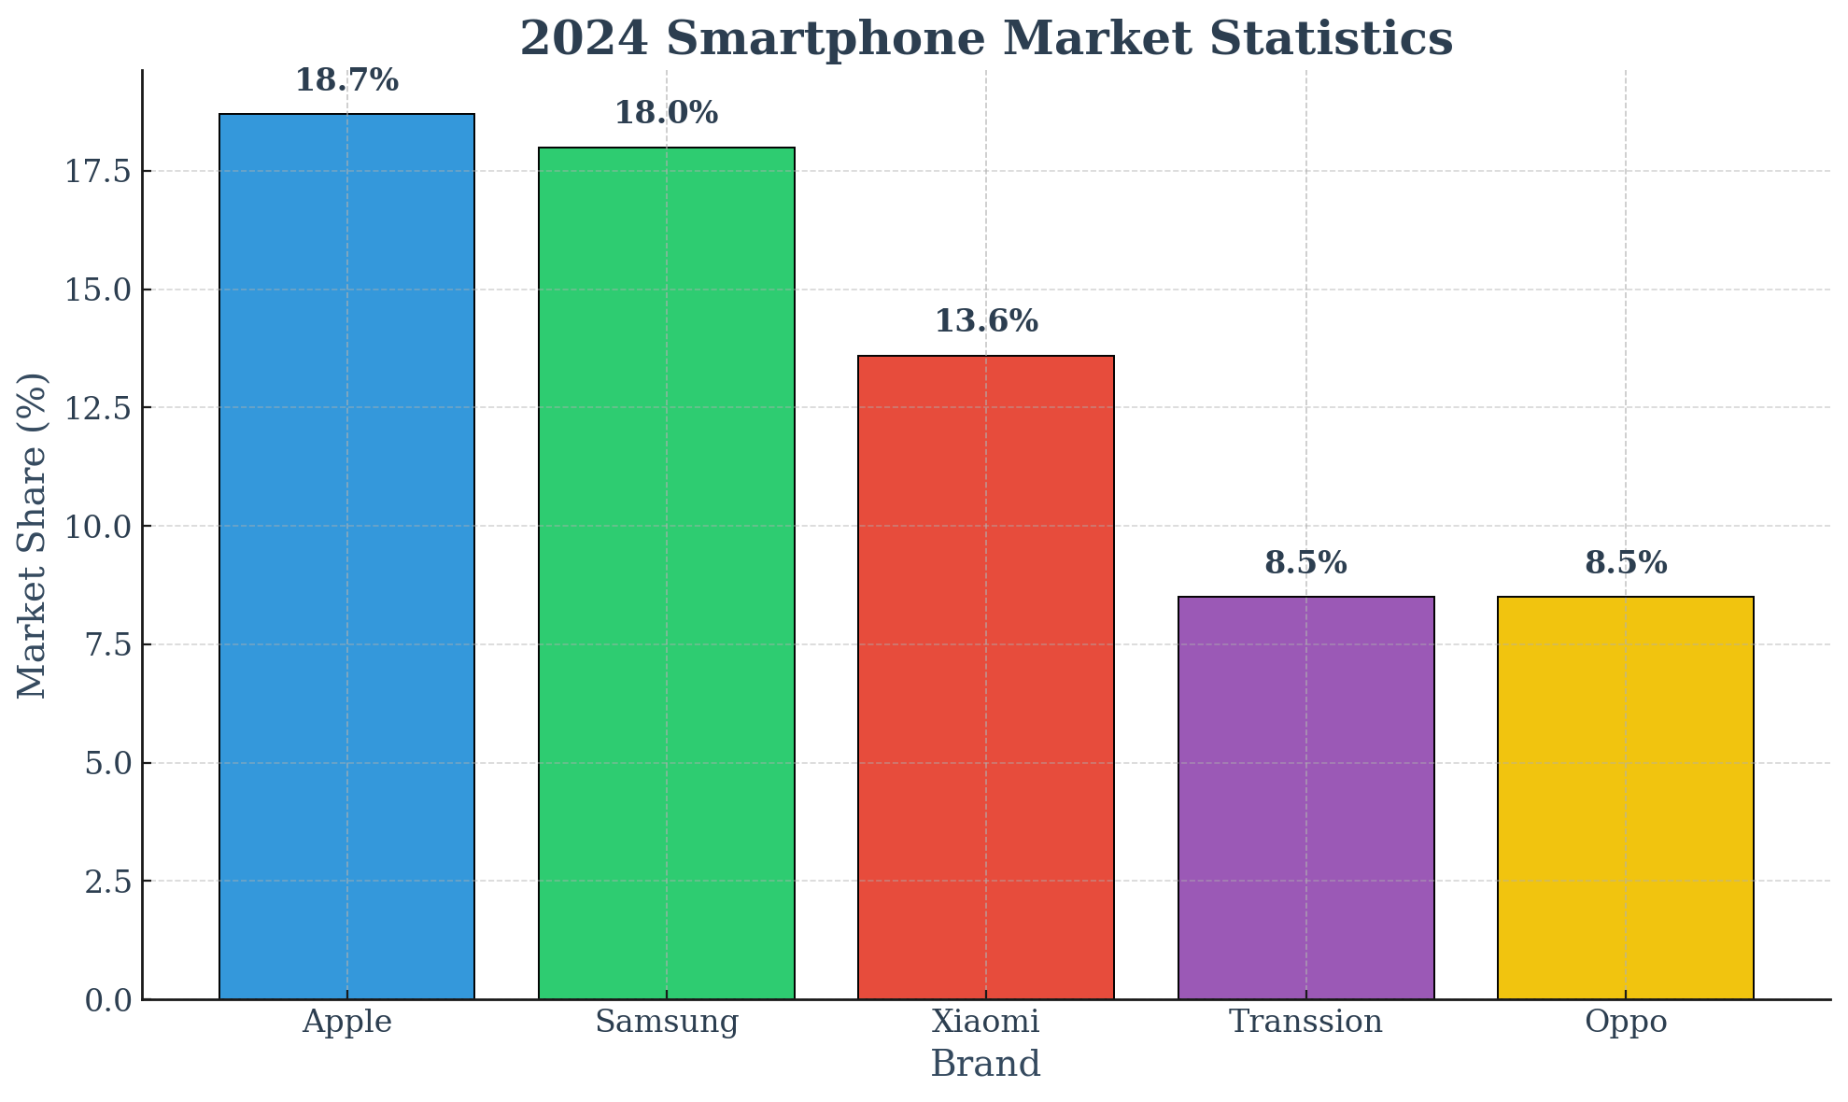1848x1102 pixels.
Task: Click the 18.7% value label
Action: (346, 81)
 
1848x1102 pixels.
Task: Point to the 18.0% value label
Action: (666, 114)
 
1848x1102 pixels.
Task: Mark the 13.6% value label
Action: (985, 322)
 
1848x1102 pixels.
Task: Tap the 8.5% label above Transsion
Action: (1305, 563)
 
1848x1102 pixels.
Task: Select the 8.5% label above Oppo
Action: (1625, 563)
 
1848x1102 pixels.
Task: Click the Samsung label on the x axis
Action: (666, 1022)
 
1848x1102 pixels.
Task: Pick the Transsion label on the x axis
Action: (1305, 1022)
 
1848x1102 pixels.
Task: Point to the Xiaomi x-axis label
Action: (985, 1022)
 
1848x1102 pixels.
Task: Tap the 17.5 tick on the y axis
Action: (97, 172)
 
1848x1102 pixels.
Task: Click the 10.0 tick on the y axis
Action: (97, 527)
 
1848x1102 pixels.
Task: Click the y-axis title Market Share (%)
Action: (32, 535)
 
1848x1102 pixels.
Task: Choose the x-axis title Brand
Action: (985, 1065)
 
